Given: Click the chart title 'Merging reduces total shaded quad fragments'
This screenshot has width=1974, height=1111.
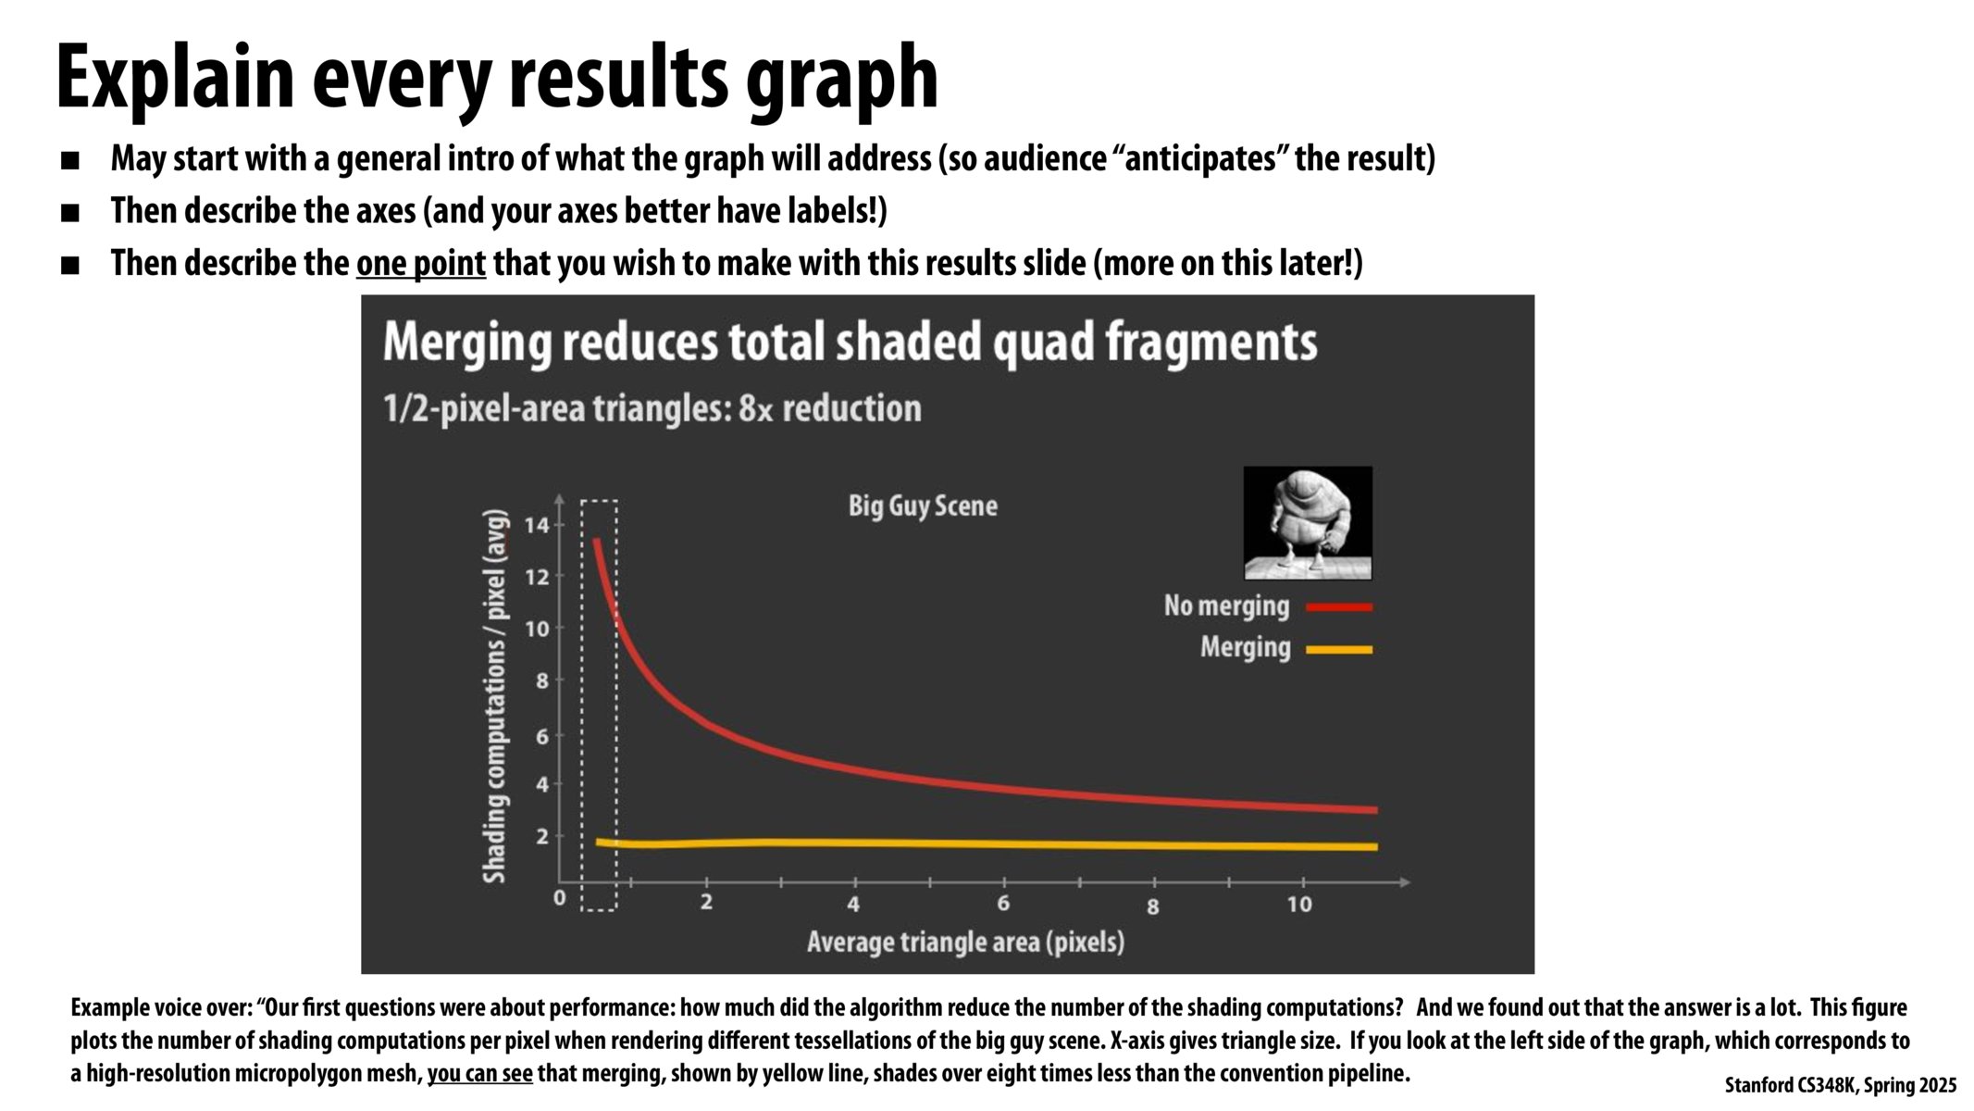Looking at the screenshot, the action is pyautogui.click(x=850, y=343).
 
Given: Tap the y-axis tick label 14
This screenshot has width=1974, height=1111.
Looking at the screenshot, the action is pyautogui.click(x=537, y=526).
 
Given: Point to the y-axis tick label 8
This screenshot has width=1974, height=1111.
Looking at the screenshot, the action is pyautogui.click(x=541, y=680).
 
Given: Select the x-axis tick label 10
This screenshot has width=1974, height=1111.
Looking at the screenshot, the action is pyautogui.click(x=1299, y=905).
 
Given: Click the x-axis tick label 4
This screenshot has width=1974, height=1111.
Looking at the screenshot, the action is pyautogui.click(x=853, y=904).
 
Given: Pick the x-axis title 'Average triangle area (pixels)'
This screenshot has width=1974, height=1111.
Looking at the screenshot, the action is pyautogui.click(x=966, y=942).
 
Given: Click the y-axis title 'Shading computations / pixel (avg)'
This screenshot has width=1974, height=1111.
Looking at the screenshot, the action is pyautogui.click(x=496, y=695).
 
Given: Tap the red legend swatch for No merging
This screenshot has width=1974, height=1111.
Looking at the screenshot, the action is pyautogui.click(x=1339, y=607).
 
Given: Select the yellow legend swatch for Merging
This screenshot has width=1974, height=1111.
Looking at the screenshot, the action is pyautogui.click(x=1339, y=650).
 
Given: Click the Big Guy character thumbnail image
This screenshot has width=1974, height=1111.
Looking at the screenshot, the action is pyautogui.click(x=1308, y=523).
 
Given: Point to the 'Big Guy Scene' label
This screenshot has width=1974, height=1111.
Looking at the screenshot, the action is pyautogui.click(x=923, y=506).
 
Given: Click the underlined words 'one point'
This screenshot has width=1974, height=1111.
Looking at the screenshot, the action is pyautogui.click(x=421, y=264).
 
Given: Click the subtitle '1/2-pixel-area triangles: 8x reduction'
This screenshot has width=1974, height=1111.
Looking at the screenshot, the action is pyautogui.click(x=652, y=408).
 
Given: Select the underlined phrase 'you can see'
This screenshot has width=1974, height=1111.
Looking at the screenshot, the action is pyautogui.click(x=479, y=1074).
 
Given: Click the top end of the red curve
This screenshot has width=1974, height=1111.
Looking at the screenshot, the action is pyautogui.click(x=597, y=540).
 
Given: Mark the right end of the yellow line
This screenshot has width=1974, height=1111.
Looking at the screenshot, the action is pyautogui.click(x=1376, y=847).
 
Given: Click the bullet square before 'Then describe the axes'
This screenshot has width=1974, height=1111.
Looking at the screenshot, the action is pyautogui.click(x=70, y=213).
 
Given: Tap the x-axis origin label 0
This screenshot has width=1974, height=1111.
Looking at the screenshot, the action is pyautogui.click(x=559, y=898).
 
